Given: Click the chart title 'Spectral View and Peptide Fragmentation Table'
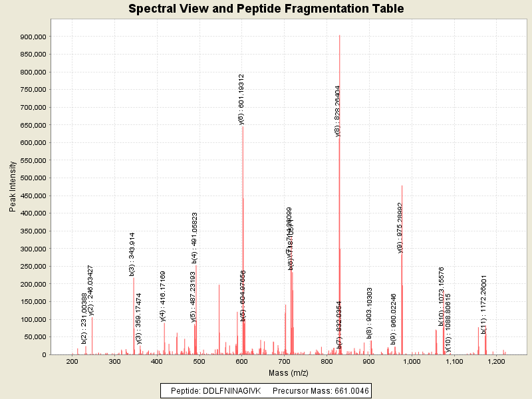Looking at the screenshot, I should (266, 9).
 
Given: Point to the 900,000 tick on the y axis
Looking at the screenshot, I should (33, 37).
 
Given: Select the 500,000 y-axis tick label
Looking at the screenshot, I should (33, 178).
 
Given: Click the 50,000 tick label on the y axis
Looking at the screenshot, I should (35, 337).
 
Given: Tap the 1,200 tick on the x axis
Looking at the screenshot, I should (497, 361).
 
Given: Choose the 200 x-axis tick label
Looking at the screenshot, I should (72, 361).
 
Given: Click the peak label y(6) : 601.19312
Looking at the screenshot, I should (241, 99).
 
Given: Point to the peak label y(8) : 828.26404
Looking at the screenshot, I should (338, 110).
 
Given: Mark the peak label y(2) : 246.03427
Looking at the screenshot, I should (90, 289).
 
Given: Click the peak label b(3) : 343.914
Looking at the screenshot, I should (132, 254).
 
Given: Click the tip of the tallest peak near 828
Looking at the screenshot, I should (339, 35).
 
